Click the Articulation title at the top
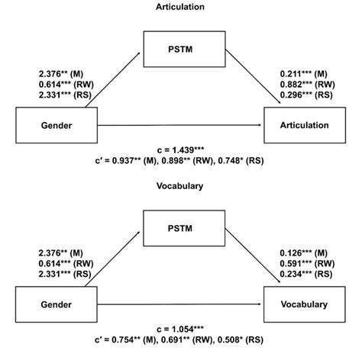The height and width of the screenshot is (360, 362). coord(180,6)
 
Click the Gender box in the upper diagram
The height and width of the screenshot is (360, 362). coord(47,125)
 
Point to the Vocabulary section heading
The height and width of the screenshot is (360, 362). coord(180,185)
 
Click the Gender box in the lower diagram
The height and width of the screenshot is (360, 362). coord(47,304)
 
